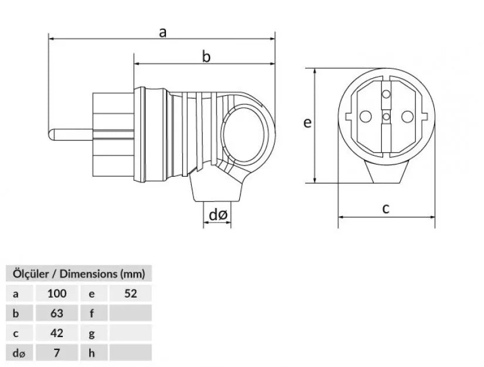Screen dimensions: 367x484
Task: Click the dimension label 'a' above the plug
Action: (163, 32)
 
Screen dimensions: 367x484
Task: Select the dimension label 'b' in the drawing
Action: (206, 56)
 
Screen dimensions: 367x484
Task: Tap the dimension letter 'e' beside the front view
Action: (306, 122)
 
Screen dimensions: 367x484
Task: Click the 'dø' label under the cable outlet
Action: (218, 216)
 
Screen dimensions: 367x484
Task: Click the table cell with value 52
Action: (130, 293)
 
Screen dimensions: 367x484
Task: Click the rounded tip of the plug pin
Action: (51, 134)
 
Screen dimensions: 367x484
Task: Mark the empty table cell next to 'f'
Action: (130, 313)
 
